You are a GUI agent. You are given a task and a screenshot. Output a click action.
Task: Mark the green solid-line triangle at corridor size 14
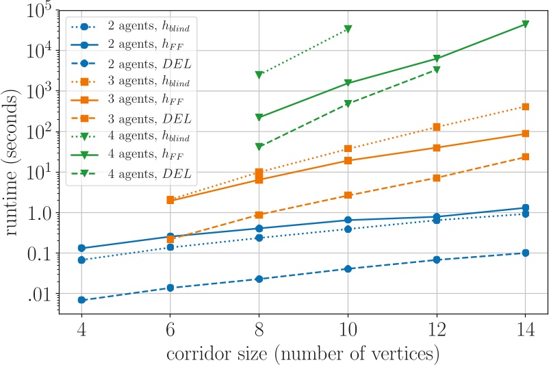(x=525, y=24)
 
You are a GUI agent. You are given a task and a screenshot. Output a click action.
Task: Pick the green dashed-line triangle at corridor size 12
(x=437, y=70)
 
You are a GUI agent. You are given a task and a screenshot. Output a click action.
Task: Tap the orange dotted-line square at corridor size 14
(x=525, y=107)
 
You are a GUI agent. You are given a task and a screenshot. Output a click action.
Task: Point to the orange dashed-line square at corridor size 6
(x=170, y=239)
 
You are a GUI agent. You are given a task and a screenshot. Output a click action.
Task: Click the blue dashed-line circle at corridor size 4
(x=81, y=300)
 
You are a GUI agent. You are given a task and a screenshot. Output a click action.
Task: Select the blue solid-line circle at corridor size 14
(x=525, y=207)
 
